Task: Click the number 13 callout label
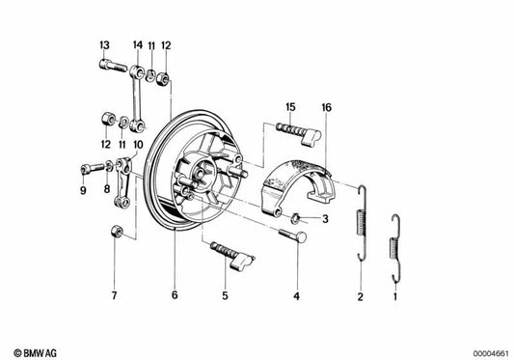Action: pyautogui.click(x=104, y=45)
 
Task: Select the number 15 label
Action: pyautogui.click(x=290, y=105)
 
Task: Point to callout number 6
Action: pyautogui.click(x=175, y=295)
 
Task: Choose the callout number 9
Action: pyautogui.click(x=83, y=190)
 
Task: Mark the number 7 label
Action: pyautogui.click(x=113, y=295)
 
